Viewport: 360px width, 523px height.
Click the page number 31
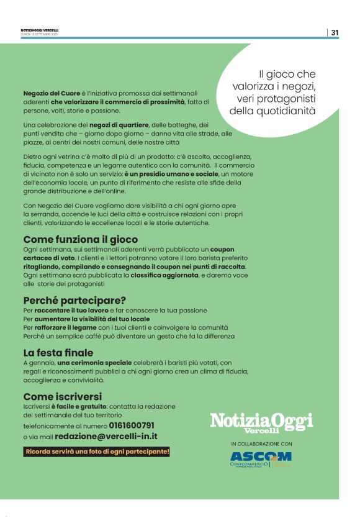pos(335,32)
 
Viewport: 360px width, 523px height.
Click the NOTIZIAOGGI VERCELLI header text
pos(40,30)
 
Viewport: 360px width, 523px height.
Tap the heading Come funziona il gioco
pos(80,239)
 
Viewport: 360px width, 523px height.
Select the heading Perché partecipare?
pos(74,301)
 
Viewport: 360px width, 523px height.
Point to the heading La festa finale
pos(58,353)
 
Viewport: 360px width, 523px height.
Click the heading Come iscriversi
pos(62,396)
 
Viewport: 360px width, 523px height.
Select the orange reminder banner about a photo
pos(96,452)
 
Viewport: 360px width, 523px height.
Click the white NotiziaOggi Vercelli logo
pos(261,422)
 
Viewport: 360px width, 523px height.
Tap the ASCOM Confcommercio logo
pos(261,459)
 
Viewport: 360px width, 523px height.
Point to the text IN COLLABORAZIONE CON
pos(261,444)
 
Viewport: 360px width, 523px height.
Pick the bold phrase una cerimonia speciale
pos(94,362)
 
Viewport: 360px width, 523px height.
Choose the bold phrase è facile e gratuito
pos(79,406)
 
